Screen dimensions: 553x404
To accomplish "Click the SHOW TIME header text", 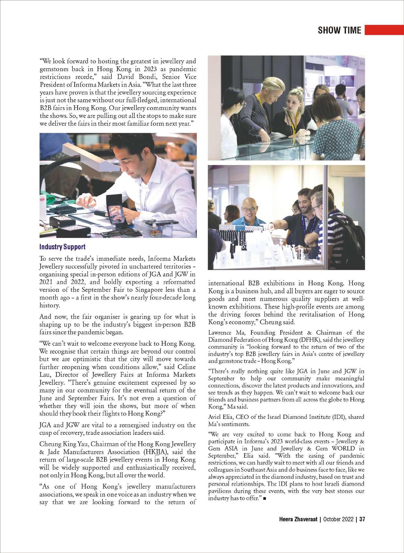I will [x=339, y=30].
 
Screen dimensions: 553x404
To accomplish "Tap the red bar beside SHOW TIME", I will [x=384, y=30].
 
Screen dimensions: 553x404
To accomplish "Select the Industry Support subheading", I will [x=62, y=247].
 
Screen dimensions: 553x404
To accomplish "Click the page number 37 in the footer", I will [x=362, y=519].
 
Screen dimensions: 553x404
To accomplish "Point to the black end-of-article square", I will [x=264, y=499].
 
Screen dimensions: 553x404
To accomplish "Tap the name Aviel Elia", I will [x=221, y=417].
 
